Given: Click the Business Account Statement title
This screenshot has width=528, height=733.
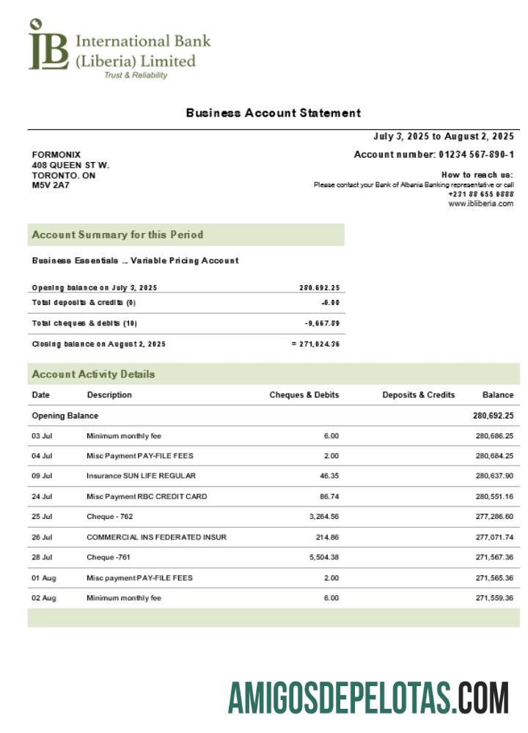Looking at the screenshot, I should (x=273, y=113).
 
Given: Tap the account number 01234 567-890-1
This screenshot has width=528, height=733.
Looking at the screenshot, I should (x=477, y=155).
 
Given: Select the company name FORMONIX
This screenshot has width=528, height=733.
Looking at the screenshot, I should (x=56, y=155).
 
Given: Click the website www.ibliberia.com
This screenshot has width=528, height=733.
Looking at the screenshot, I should (x=480, y=204).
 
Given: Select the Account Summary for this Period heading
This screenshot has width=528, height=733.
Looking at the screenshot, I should (x=117, y=235).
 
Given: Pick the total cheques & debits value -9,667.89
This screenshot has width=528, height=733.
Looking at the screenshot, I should (x=322, y=323).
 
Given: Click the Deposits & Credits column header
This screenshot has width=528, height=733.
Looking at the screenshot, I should (x=418, y=394).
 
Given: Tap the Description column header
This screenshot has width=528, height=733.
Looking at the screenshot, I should (x=109, y=394).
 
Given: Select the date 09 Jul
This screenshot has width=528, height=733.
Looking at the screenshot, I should (x=42, y=476).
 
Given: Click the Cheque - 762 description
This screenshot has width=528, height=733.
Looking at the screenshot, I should (x=110, y=517).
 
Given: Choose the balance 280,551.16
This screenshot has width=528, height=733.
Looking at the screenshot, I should (x=494, y=496).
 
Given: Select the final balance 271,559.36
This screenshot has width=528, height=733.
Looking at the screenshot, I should (x=494, y=598).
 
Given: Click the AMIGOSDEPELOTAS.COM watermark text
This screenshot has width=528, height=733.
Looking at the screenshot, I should (x=368, y=697).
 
